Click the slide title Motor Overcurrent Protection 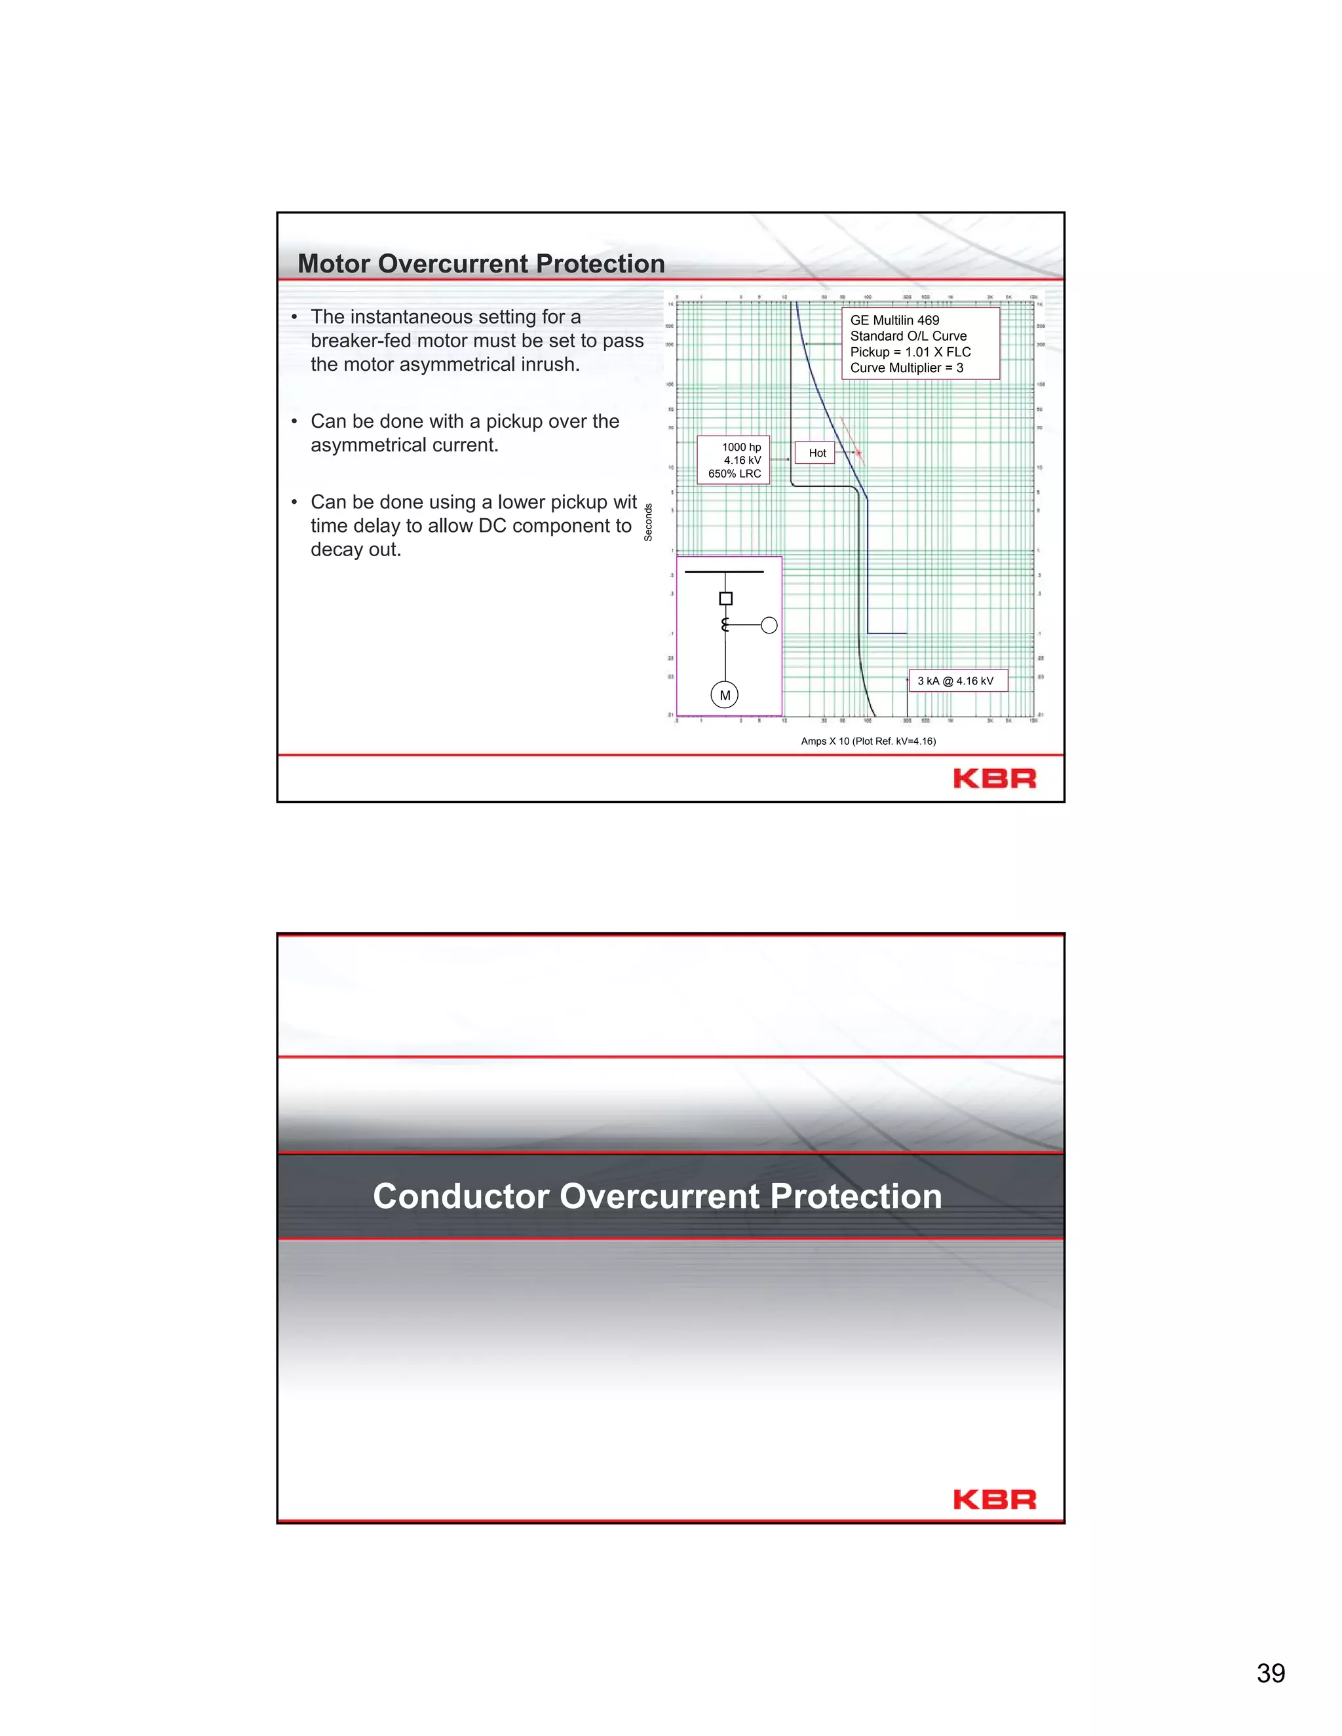[480, 264]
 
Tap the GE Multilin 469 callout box [920, 343]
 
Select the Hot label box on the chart [816, 453]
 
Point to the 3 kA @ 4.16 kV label [957, 681]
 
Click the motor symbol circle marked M [724, 696]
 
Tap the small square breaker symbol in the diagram [725, 599]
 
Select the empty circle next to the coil [769, 626]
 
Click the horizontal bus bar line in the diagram [723, 571]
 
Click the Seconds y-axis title [648, 522]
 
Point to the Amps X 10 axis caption [868, 741]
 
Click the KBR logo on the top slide [994, 778]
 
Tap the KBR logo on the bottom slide [994, 1500]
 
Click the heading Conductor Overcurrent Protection [657, 1196]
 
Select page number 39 [1271, 1673]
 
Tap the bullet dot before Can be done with [294, 421]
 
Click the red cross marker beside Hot [858, 453]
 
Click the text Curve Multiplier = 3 [906, 368]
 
